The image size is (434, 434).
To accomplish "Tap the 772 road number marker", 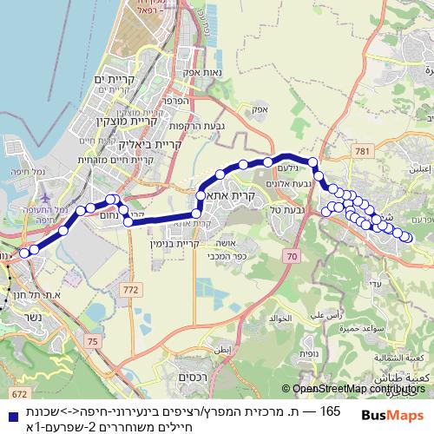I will pyautogui.click(x=131, y=288).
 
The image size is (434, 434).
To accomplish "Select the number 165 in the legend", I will pyautogui.click(x=330, y=409).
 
